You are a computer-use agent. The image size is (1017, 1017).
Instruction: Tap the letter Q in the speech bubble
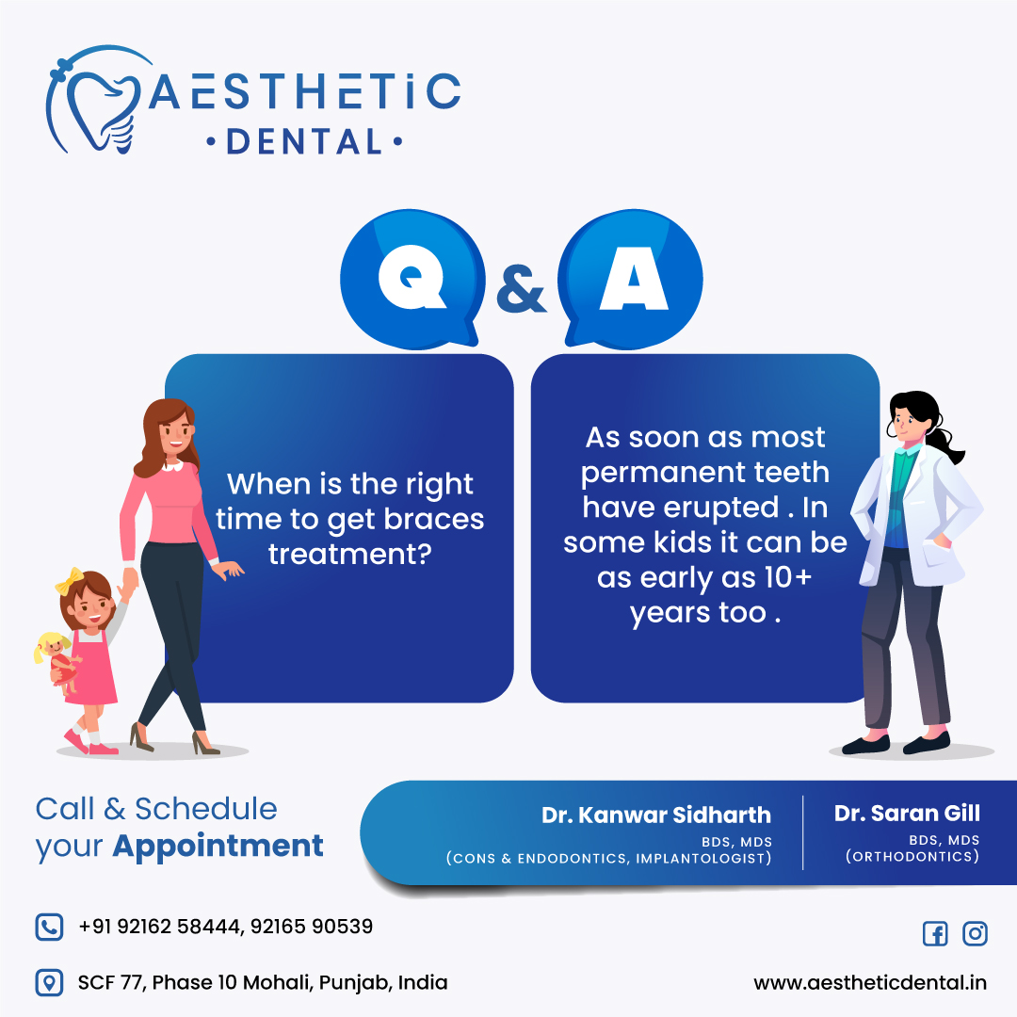(412, 278)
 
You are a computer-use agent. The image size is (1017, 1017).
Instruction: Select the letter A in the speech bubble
(634, 278)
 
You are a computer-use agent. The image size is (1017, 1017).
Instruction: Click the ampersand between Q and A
(521, 289)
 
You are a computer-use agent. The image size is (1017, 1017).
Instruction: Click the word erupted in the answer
(681, 508)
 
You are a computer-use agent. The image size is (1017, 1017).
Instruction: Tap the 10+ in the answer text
(787, 576)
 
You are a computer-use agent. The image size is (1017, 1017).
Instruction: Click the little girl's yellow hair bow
(70, 581)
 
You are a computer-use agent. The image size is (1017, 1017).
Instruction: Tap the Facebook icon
(935, 934)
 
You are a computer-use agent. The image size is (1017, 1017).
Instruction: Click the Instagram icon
(975, 933)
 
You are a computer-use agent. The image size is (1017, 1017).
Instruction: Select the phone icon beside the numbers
(49, 927)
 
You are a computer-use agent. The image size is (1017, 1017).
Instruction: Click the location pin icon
(49, 982)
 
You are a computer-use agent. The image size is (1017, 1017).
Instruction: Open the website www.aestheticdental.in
(870, 982)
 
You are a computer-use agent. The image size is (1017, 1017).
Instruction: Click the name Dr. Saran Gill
(907, 813)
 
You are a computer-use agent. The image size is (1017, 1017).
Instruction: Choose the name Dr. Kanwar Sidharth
(656, 815)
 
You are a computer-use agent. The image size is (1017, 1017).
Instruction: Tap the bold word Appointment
(218, 847)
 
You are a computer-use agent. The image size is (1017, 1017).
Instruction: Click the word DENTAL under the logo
(304, 142)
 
